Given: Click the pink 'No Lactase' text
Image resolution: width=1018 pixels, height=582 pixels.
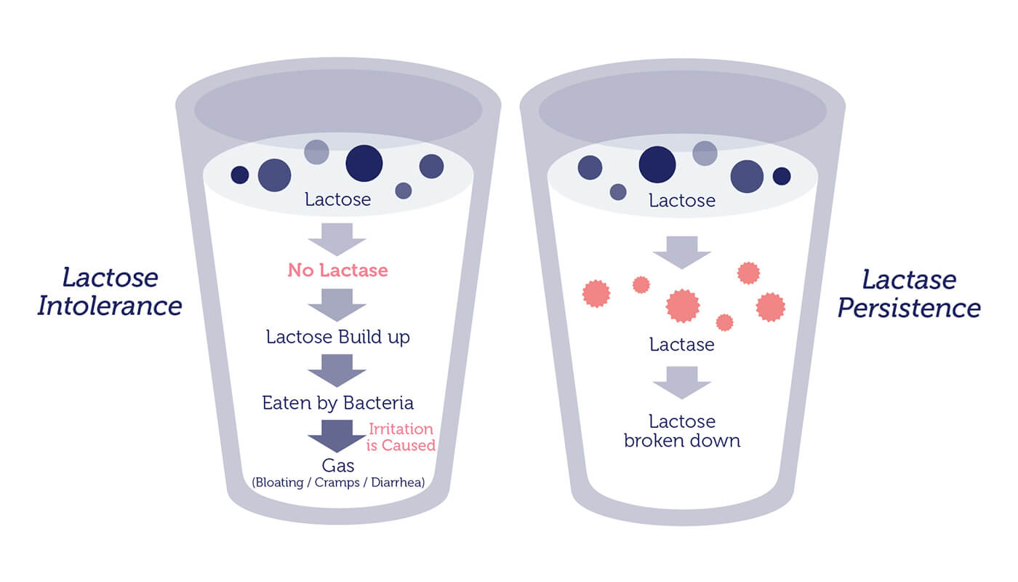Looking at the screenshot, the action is (337, 270).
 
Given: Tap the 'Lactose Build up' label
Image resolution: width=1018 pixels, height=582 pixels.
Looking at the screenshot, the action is (337, 337).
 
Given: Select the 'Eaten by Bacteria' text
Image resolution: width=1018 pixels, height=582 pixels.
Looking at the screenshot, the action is (337, 403).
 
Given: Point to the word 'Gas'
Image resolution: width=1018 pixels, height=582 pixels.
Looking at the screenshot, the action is (337, 466).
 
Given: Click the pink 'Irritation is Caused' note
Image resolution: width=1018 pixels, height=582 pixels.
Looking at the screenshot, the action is (401, 437).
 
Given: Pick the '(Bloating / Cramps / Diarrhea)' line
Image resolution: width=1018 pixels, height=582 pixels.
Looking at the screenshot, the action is (338, 482).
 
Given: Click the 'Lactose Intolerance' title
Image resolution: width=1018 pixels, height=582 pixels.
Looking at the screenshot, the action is (110, 292).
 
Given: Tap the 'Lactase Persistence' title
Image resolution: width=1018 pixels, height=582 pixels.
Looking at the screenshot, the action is (909, 293).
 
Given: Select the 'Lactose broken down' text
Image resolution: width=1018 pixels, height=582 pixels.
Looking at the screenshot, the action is (682, 431).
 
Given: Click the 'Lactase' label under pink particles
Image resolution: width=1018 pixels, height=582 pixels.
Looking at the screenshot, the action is (682, 345).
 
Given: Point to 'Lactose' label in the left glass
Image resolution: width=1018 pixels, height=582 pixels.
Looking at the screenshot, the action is (337, 199).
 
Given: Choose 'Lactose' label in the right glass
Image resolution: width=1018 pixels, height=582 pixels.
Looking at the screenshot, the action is (682, 201).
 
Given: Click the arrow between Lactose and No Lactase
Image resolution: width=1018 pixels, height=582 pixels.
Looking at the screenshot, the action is (337, 239).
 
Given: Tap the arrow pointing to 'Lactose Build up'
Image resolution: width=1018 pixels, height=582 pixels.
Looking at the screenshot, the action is (337, 305).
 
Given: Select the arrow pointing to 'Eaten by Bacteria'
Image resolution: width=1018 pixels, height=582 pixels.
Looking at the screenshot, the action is (337, 370).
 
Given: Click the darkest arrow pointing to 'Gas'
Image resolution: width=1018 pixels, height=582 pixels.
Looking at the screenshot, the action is (337, 436).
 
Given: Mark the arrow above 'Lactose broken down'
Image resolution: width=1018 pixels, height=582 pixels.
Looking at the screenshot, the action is (682, 383).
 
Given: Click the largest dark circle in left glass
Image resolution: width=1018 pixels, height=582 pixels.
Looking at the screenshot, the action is (364, 163).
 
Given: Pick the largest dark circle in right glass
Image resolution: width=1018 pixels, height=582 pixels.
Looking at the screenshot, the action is (657, 164).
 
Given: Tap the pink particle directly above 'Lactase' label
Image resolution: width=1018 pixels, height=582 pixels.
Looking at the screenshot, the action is (683, 306).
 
